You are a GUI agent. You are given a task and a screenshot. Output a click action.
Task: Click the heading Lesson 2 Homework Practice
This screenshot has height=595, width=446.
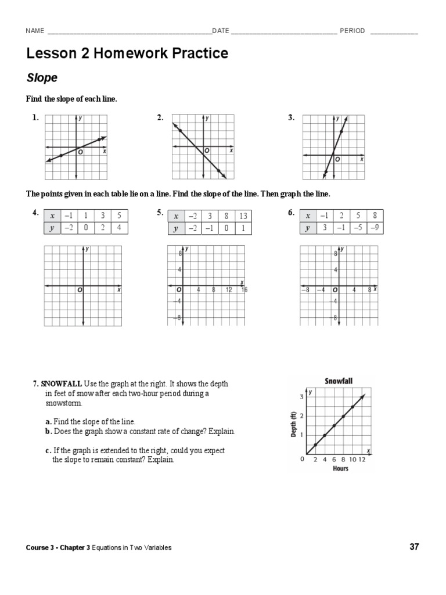coord(127,54)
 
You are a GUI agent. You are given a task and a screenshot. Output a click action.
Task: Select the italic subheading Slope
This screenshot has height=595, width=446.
coord(42,77)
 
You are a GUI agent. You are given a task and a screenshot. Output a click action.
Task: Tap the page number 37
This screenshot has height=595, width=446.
coord(414,547)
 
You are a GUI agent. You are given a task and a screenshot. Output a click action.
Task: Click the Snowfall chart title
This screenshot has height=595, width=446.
coord(339,381)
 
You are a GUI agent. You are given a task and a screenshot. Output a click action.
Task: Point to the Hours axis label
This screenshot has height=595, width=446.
coord(340,468)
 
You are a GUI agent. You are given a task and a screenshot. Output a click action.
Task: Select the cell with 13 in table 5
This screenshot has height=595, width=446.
coord(243,216)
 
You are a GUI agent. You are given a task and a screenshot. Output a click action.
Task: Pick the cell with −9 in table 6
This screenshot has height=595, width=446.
coord(376,227)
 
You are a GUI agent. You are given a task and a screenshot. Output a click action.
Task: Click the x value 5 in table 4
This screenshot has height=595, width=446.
coord(118,216)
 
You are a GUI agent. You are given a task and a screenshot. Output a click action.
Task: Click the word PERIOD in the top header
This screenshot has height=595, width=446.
coord(352,31)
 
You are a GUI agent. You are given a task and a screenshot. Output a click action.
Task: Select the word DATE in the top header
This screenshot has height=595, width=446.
coord(221,31)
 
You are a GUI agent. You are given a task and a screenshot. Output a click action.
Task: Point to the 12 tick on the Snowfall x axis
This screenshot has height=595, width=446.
coord(362,460)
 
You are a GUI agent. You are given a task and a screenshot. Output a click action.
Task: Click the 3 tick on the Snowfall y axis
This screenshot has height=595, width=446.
coord(301,397)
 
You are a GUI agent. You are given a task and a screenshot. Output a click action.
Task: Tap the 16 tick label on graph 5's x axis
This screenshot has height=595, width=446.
coord(244,289)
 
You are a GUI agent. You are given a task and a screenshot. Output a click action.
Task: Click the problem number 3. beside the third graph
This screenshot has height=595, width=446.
coord(292,118)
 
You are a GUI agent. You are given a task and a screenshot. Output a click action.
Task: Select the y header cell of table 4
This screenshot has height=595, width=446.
coord(52,228)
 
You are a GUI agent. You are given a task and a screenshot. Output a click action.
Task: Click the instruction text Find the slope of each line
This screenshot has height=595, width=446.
coord(71,99)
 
